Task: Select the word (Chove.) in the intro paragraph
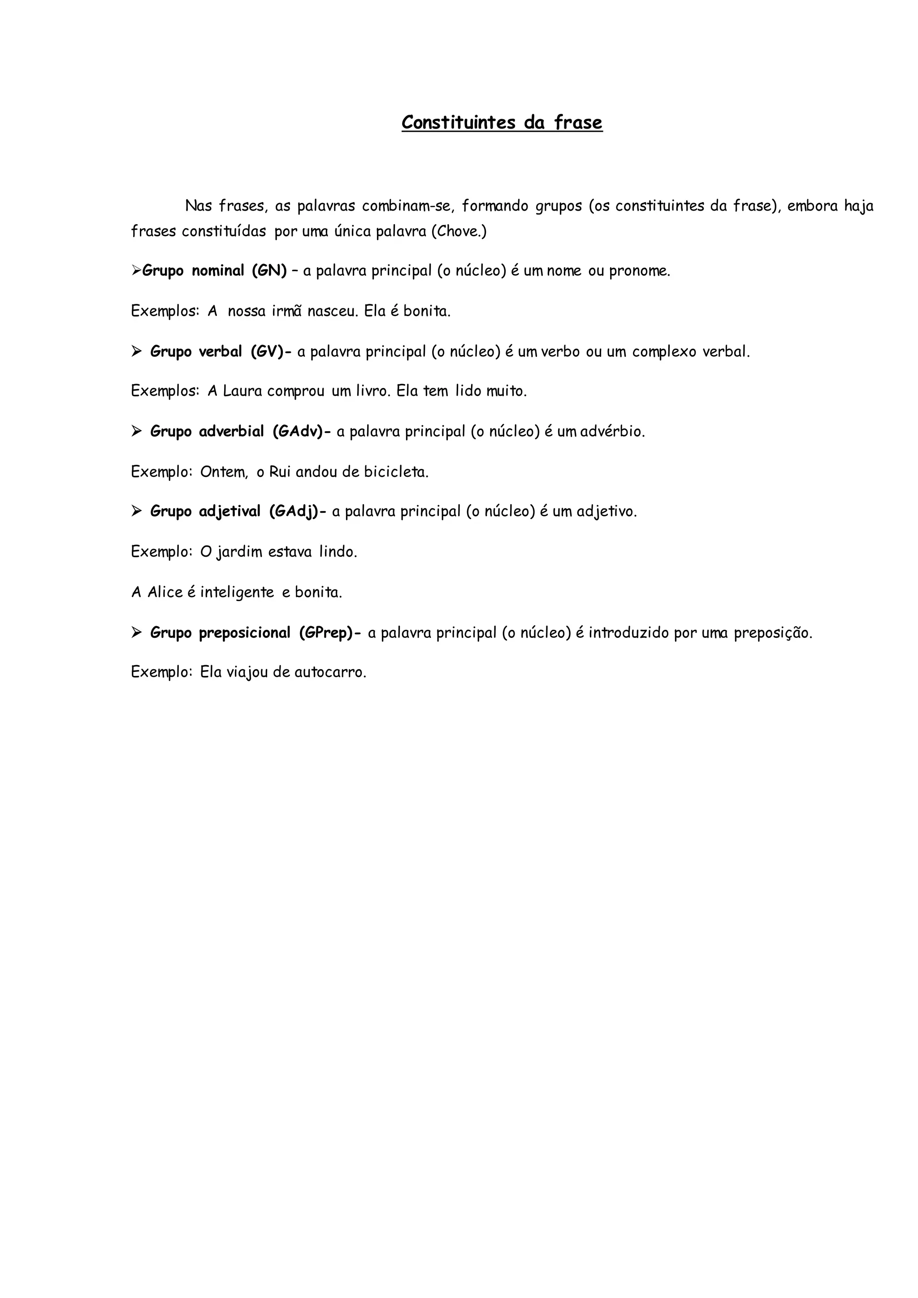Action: coord(459,232)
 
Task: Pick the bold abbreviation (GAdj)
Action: coord(294,511)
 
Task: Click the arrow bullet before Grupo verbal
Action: coord(136,352)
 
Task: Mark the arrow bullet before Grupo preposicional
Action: coord(136,632)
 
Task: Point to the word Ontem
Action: coord(223,472)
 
